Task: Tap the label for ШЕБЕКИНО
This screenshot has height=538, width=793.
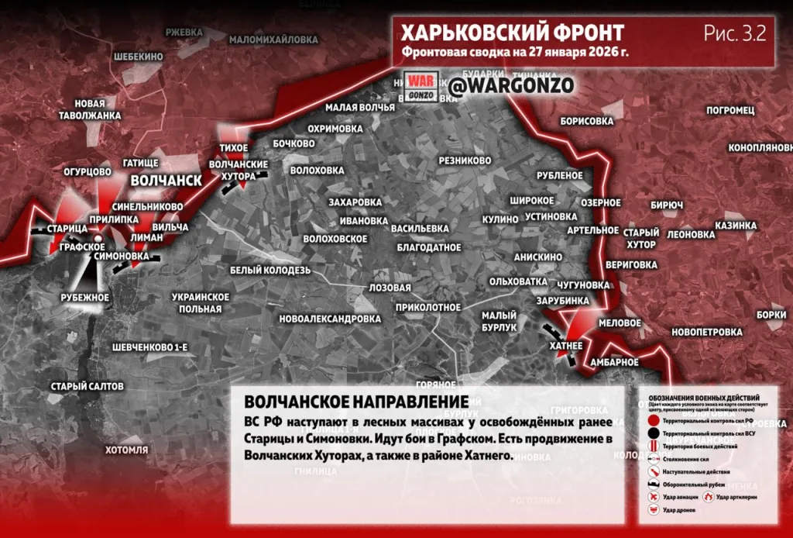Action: click(138, 57)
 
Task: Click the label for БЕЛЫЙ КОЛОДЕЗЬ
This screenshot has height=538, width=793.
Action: click(270, 270)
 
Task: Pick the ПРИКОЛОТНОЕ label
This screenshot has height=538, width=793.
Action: click(427, 307)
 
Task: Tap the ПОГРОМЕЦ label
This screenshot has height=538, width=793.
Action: click(730, 110)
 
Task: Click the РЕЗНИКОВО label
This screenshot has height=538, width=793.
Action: click(465, 160)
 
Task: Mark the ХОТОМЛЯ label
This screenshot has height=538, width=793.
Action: click(126, 449)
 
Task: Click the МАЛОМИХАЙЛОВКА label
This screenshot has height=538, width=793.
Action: click(263, 39)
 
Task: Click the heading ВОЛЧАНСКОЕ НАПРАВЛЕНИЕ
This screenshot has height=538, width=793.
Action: click(355, 402)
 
